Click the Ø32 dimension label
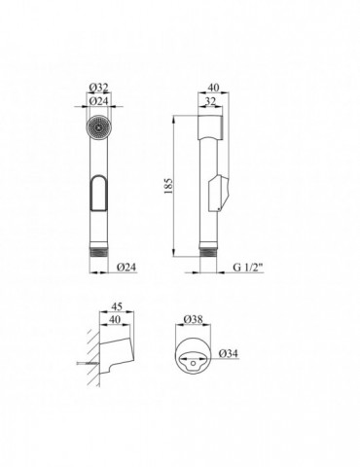98,88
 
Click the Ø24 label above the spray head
98,101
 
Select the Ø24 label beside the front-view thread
126,268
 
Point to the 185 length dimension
168,186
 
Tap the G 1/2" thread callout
248,268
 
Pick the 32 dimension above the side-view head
210,101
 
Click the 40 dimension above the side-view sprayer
213,88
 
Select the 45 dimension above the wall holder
117,306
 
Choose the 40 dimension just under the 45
115,319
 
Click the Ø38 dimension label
193,319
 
